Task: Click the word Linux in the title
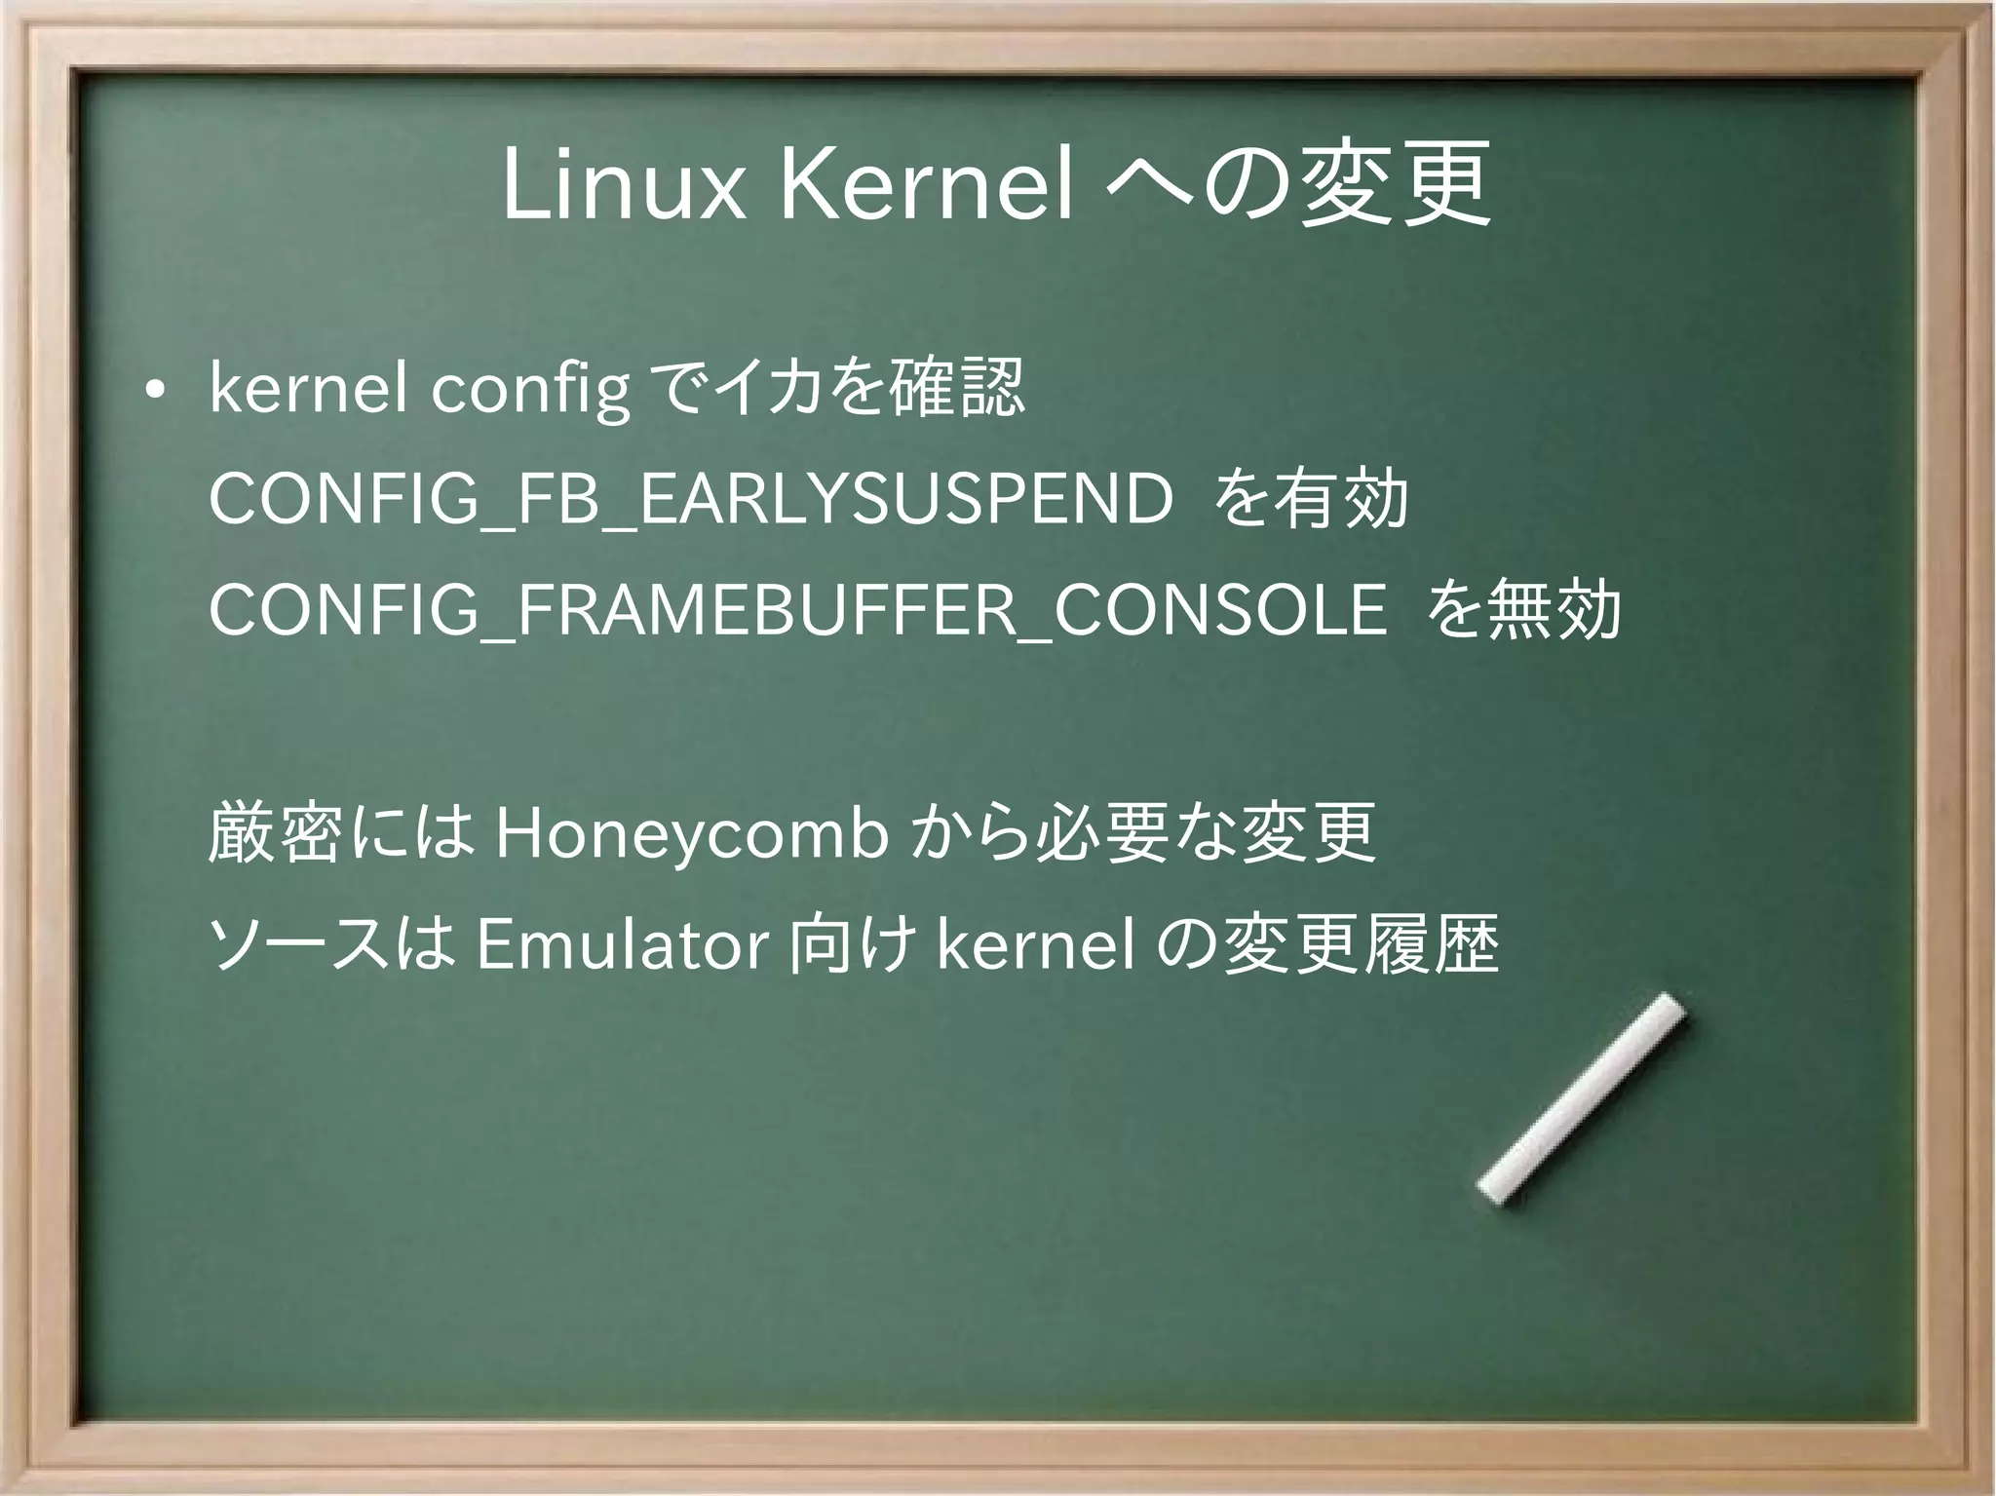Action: coord(624,184)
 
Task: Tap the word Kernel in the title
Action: coord(925,184)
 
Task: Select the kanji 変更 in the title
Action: coord(1395,184)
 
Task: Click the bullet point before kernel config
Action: coord(153,391)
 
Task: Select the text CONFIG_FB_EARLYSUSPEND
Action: coord(691,500)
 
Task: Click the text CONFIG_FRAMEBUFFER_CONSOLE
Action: coord(797,611)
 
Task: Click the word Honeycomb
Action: coord(691,834)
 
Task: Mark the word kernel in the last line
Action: coord(1035,945)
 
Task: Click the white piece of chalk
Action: coord(1582,1098)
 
